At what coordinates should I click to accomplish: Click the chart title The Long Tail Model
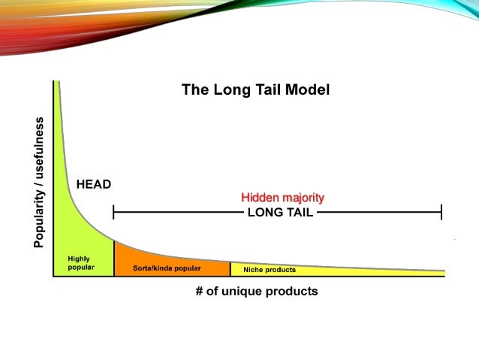point(255,90)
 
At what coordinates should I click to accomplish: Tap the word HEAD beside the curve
point(93,183)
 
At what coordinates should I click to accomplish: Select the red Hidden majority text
point(282,198)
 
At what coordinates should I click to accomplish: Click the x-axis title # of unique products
point(256,291)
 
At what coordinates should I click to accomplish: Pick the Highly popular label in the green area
point(80,263)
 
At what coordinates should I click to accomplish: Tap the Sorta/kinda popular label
point(167,268)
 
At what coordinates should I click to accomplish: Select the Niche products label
point(270,269)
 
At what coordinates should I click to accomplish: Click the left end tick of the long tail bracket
point(113,213)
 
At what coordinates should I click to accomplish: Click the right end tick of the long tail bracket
point(441,213)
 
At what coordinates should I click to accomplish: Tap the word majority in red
point(303,198)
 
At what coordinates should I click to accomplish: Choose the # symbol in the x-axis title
point(200,291)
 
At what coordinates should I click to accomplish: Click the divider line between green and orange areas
point(114,259)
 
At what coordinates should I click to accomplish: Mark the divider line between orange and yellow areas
point(230,268)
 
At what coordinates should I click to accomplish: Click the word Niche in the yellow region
point(252,269)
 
